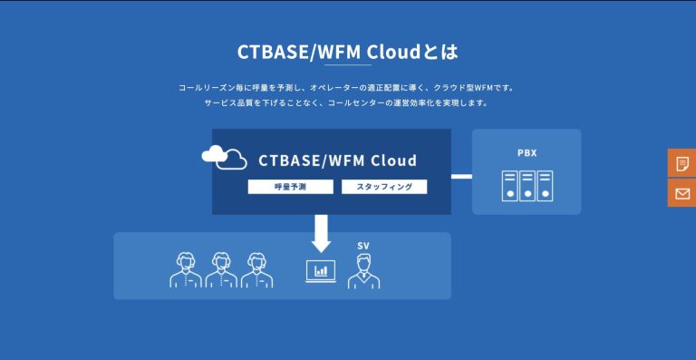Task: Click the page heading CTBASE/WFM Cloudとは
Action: (x=347, y=51)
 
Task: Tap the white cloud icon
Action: (x=225, y=158)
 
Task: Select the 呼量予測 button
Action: (x=290, y=187)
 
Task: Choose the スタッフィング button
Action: (x=384, y=187)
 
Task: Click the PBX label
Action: (x=527, y=152)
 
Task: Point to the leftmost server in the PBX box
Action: (x=509, y=186)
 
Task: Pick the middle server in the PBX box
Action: (x=527, y=186)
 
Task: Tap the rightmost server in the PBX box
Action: (x=544, y=186)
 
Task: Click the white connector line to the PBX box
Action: (x=461, y=176)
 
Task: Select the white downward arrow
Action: (x=321, y=233)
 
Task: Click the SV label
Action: (x=363, y=246)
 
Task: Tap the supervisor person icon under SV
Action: (x=363, y=269)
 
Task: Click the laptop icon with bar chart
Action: (x=321, y=271)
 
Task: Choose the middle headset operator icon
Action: (x=221, y=269)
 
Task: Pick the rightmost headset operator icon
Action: (x=256, y=269)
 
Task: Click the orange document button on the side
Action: (x=681, y=163)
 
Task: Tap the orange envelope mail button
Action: (x=681, y=193)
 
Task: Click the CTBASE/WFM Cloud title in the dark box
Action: (x=337, y=161)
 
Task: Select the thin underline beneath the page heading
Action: (x=347, y=65)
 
